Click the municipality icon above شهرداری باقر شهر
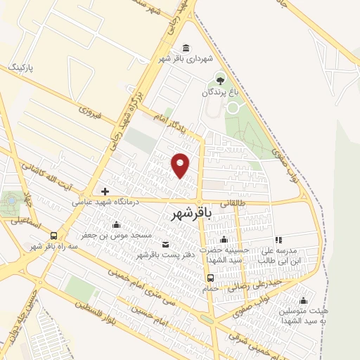[185, 48]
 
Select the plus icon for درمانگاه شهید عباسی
[105, 191]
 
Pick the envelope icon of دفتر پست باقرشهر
[165, 244]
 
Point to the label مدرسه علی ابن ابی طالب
[277, 254]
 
